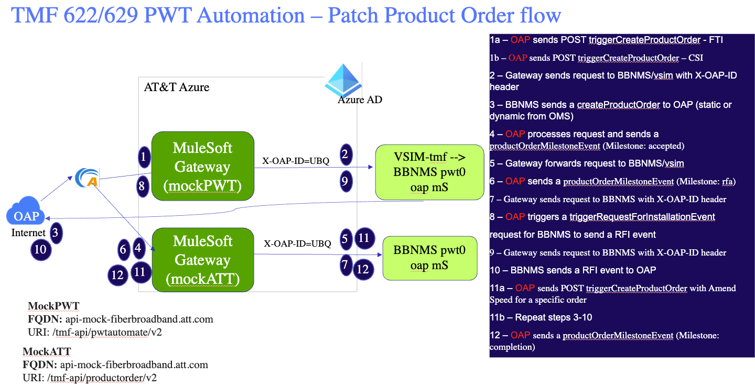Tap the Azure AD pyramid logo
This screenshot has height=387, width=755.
pyautogui.click(x=343, y=79)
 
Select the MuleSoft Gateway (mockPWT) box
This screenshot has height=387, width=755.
pyautogui.click(x=202, y=166)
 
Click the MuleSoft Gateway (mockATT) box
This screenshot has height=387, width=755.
pyautogui.click(x=202, y=259)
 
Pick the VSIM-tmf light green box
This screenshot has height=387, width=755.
pyautogui.click(x=429, y=172)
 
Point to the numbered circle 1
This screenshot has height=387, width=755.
pyautogui.click(x=143, y=156)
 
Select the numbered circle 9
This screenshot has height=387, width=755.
pyautogui.click(x=345, y=181)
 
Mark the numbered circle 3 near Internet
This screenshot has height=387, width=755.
pyautogui.click(x=55, y=232)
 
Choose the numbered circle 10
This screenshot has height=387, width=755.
pyautogui.click(x=40, y=250)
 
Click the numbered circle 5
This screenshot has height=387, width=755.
pyautogui.click(x=345, y=239)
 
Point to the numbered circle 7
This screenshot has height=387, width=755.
pyautogui.click(x=345, y=265)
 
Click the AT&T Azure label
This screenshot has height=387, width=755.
pyautogui.click(x=177, y=87)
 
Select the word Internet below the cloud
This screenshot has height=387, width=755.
pyautogui.click(x=28, y=233)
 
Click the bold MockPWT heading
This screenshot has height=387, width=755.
pyautogui.click(x=53, y=306)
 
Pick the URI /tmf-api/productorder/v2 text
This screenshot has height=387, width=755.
pyautogui.click(x=90, y=378)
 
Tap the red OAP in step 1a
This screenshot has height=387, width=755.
pyautogui.click(x=520, y=40)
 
